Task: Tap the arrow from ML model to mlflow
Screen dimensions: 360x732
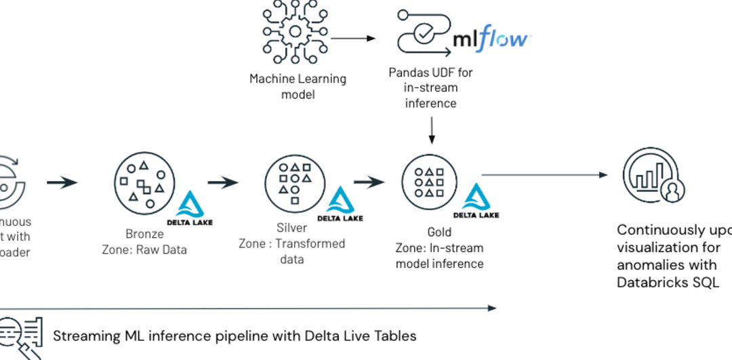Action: (352, 38)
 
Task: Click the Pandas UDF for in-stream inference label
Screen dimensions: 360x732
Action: (431, 87)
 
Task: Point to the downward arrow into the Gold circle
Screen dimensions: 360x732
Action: (431, 129)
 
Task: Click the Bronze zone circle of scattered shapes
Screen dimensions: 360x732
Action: (142, 183)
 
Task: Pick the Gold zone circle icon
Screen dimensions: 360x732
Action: (429, 182)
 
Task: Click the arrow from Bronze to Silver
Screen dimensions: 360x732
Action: (223, 182)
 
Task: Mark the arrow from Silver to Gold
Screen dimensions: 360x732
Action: (369, 182)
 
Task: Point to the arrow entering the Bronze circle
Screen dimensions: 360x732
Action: (62, 182)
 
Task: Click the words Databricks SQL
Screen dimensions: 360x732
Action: (668, 282)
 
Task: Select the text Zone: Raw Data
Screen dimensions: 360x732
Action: (144, 249)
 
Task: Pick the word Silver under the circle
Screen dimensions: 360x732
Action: (291, 228)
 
